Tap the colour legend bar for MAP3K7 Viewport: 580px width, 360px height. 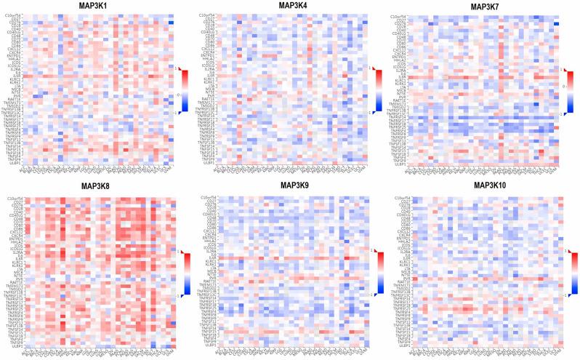point(570,91)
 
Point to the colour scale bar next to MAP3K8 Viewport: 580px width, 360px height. point(186,274)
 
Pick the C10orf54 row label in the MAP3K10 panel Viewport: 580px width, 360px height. point(400,198)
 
